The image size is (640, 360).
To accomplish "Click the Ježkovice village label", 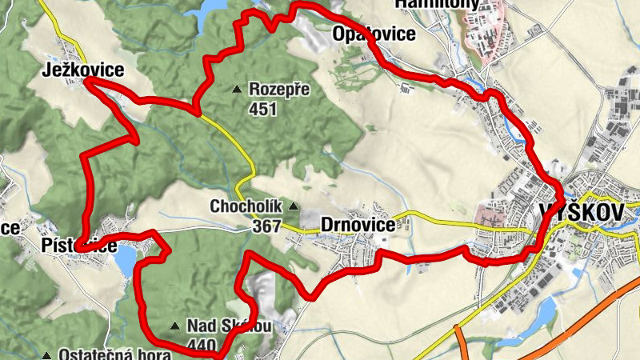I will tap(83, 70).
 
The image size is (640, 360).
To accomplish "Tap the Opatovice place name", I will tap(374, 34).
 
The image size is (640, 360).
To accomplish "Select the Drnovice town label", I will tap(357, 226).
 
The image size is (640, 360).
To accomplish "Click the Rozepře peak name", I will tap(279, 89).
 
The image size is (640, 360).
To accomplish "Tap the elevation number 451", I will tap(262, 108).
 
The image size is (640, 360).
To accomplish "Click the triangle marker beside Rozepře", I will tap(236, 88).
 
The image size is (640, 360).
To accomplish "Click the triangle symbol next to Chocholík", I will tap(293, 206).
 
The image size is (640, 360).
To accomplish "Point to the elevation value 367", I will tap(266, 226).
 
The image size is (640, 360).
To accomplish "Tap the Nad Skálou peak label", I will tap(229, 326).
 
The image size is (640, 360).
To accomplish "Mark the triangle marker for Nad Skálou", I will tap(175, 326).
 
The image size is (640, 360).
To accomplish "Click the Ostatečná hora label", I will tap(97, 354).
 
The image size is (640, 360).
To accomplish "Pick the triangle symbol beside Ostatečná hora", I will tap(46, 354).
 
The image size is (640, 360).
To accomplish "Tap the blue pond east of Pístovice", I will tap(126, 259).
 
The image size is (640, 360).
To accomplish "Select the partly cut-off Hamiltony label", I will tap(437, 4).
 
